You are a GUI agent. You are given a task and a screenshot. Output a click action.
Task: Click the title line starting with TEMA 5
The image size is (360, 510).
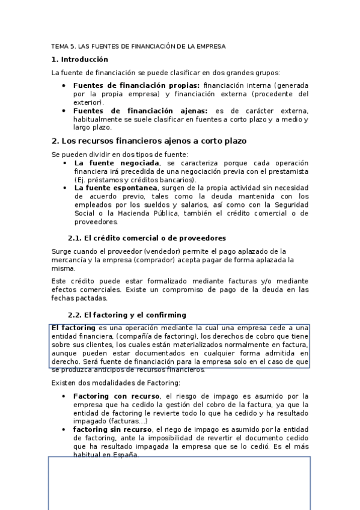138,46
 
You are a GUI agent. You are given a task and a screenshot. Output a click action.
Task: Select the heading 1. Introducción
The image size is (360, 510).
80,60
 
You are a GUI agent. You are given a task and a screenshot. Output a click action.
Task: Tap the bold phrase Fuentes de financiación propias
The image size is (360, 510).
136,85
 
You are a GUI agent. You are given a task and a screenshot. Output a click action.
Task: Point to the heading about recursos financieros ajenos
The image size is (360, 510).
149,141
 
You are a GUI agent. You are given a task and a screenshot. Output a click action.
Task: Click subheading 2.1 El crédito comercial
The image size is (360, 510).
147,238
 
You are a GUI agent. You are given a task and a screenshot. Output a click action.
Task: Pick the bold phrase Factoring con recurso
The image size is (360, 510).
116,396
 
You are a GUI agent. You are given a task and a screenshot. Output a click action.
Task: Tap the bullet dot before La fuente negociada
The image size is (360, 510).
65,163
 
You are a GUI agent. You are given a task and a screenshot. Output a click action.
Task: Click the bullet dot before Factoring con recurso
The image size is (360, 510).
64,396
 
